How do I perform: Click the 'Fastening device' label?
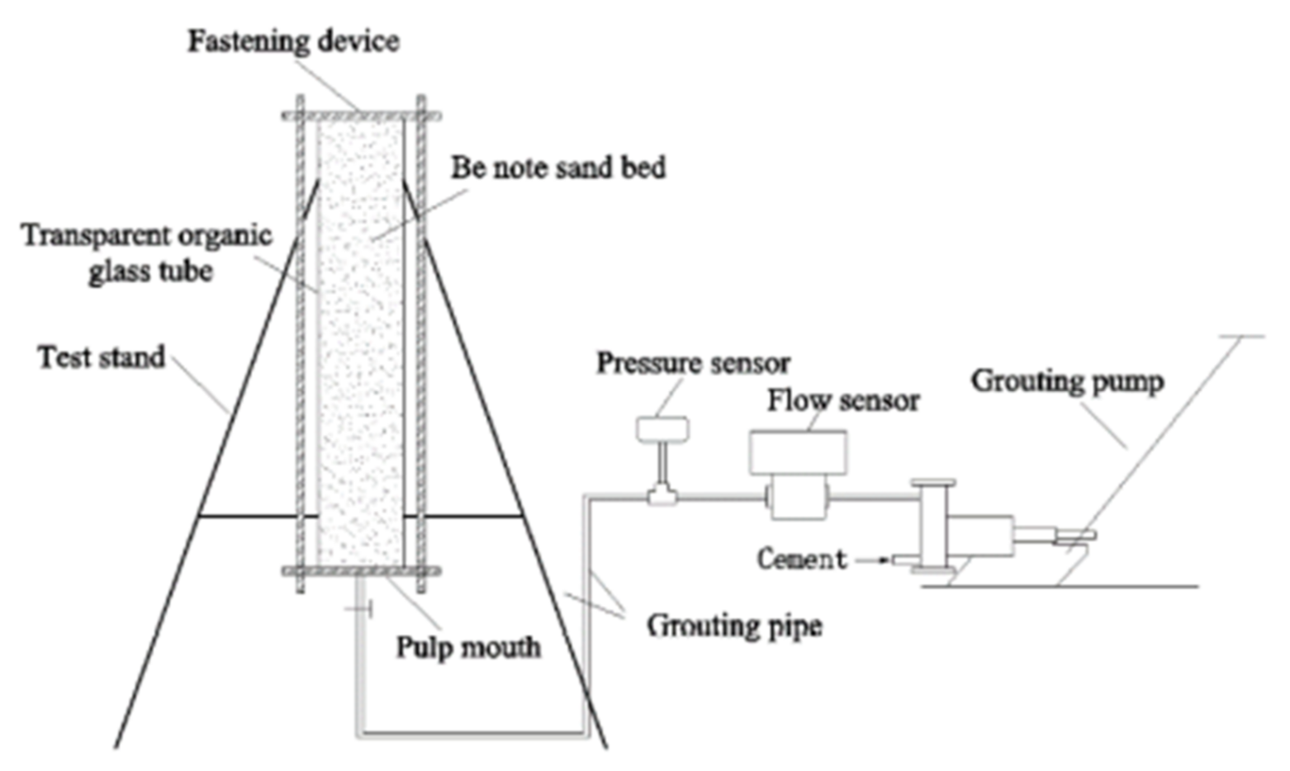[x=293, y=41]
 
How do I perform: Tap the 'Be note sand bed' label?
[x=558, y=168]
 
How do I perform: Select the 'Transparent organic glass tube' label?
[x=147, y=253]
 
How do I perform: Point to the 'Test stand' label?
[x=102, y=357]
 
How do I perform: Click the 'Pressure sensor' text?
[x=693, y=363]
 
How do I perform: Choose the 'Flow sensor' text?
[x=843, y=400]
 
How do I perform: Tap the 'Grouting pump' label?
[x=1067, y=381]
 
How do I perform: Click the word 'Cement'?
[x=801, y=559]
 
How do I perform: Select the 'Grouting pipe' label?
[x=734, y=625]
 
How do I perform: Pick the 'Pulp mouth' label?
[x=468, y=646]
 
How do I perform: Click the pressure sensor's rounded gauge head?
[x=662, y=428]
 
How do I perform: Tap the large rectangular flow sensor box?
[x=797, y=452]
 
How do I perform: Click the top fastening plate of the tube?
[x=361, y=116]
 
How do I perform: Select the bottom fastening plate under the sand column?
[x=361, y=570]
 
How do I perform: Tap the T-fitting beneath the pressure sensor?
[x=662, y=496]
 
